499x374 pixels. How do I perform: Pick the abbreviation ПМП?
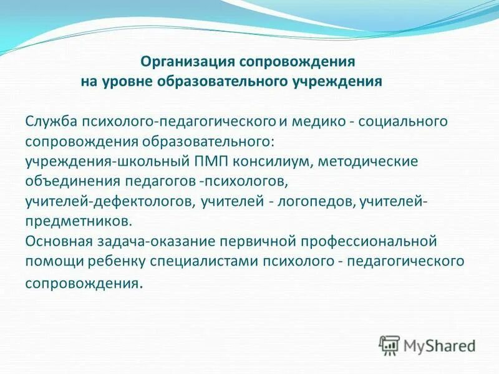click(209, 161)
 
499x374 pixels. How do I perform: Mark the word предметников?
click(79, 221)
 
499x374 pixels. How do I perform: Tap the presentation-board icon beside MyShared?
click(389, 345)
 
